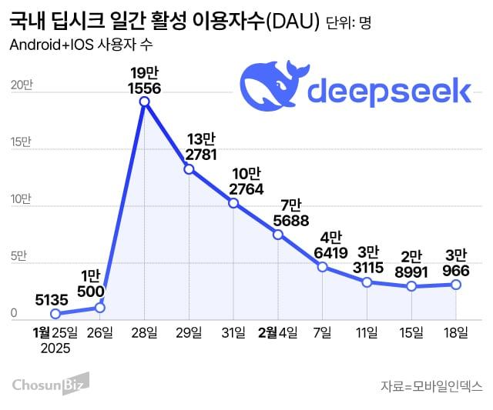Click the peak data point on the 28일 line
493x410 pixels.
coord(144,102)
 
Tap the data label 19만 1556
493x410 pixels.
coord(145,80)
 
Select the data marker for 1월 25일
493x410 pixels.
coord(55,314)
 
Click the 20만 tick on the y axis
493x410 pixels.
coord(21,85)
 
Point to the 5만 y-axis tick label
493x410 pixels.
coord(20,255)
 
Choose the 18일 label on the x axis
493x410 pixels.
coord(455,332)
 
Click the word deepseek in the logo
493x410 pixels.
coord(389,92)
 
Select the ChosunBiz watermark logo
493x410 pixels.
coord(51,382)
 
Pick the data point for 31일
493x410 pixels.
coord(233,204)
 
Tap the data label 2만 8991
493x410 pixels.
coord(412,262)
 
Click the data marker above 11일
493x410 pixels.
coord(367,282)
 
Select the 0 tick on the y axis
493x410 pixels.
coord(14,313)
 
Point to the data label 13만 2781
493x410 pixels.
coord(189,146)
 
